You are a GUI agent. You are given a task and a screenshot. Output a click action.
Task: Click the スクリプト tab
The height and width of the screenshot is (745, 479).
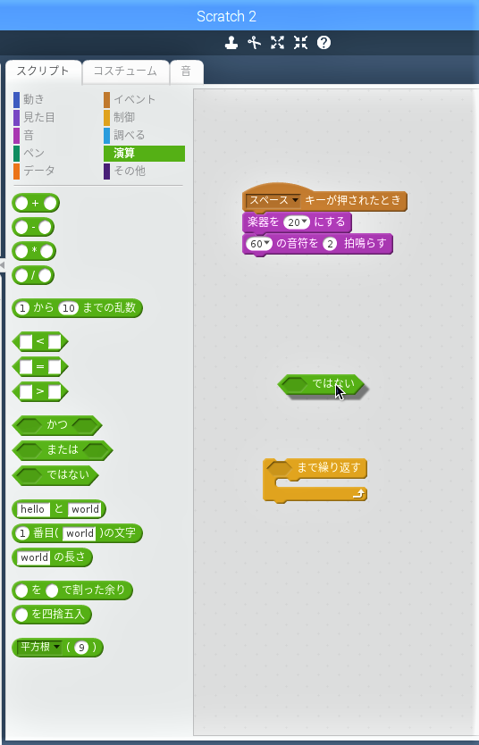click(43, 71)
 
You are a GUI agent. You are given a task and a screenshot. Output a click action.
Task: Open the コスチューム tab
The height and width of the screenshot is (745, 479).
click(125, 71)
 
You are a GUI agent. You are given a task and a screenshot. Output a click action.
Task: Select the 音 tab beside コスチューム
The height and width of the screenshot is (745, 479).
click(186, 71)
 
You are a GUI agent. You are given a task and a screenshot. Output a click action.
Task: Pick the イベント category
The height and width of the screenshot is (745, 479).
click(130, 99)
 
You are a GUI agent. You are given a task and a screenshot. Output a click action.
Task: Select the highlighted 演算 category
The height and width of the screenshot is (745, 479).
click(144, 154)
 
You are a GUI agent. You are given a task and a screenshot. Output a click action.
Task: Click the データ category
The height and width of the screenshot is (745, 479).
click(34, 171)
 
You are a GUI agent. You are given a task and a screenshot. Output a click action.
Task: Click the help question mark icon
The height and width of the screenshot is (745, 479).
click(324, 43)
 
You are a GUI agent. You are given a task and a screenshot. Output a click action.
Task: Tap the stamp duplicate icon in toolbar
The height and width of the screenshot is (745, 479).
click(231, 43)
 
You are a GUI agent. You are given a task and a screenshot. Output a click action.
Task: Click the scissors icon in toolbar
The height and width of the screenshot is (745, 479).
click(254, 43)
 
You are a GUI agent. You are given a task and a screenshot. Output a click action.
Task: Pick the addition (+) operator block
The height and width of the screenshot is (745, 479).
click(36, 204)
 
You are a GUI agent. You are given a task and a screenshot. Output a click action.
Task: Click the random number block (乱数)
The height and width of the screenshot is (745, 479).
click(77, 308)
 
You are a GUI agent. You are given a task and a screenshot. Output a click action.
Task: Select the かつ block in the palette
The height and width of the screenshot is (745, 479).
click(57, 425)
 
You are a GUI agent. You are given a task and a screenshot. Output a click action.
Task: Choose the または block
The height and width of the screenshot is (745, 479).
click(63, 450)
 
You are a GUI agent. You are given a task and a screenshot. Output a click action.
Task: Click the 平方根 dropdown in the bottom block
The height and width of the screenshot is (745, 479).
click(40, 647)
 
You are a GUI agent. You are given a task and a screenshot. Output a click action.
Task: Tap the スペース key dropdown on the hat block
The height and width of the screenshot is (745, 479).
click(273, 200)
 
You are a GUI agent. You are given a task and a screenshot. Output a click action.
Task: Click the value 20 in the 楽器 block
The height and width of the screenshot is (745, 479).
click(297, 222)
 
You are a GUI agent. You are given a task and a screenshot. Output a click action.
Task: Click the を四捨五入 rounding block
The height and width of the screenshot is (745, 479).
click(52, 615)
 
